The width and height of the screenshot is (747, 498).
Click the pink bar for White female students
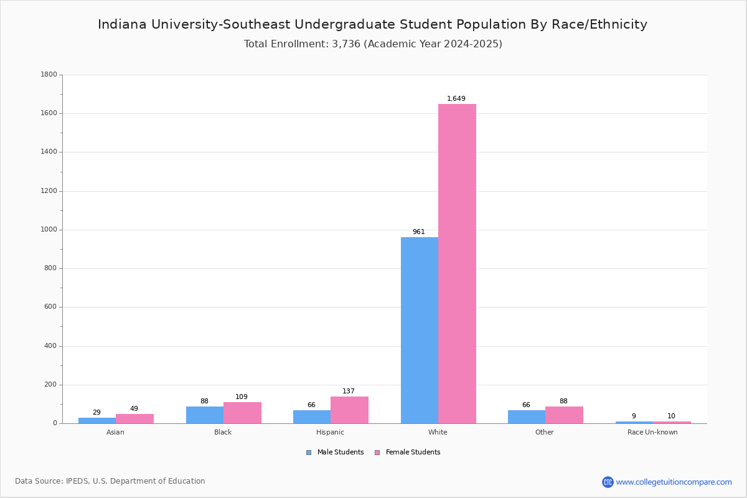pos(457,263)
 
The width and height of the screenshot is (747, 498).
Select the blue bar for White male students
pos(420,330)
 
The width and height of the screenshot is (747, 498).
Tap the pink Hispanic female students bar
pos(349,410)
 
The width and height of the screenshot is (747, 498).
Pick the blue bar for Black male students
pos(205,415)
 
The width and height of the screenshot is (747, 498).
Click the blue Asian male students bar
pos(97,421)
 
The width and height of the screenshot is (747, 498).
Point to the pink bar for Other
pos(564,415)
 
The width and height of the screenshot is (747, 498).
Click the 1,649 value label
pos(456,98)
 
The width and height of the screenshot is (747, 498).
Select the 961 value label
pos(419,232)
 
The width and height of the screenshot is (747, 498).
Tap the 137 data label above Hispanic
pos(349,391)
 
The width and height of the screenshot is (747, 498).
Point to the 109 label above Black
pos(242,397)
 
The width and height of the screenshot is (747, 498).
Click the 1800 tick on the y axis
pos(49,74)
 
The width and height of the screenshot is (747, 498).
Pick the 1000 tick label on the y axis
pos(49,230)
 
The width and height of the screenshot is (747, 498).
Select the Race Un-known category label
pos(652,432)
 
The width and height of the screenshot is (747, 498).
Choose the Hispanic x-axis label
pos(330,432)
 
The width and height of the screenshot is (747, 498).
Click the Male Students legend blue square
pos(309,453)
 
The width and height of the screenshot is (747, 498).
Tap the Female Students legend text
pos(413,452)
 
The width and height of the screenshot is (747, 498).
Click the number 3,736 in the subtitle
pos(346,44)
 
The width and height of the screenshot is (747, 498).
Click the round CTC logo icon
pos(608,482)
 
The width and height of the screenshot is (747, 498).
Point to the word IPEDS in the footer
pos(77,481)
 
